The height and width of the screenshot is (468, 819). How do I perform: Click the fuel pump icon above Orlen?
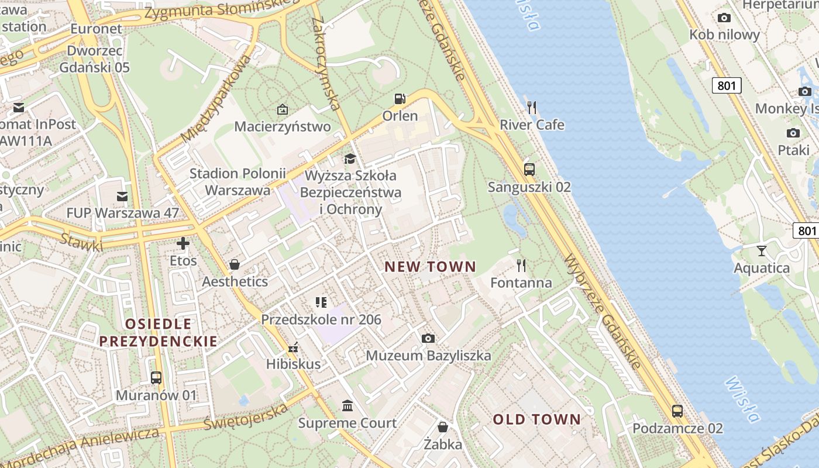point(400,99)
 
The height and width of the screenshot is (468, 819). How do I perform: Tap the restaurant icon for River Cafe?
point(532,107)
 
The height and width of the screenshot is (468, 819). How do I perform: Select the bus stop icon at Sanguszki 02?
point(529,170)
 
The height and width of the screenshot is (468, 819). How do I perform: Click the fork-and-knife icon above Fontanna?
point(521,266)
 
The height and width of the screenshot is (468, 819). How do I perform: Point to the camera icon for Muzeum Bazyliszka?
point(428,338)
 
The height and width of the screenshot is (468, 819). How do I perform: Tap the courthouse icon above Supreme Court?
point(347,405)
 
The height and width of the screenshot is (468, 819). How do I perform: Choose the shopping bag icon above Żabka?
point(443,426)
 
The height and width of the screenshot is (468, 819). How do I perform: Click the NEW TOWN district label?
point(430,267)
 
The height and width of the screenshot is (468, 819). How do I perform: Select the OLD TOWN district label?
point(536,419)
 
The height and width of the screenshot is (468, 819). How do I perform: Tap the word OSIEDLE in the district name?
point(158,324)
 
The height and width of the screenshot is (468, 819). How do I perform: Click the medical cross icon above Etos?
point(184,243)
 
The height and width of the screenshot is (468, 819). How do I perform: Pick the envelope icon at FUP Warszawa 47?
point(122,196)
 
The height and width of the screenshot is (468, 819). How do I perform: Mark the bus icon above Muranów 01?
point(156,377)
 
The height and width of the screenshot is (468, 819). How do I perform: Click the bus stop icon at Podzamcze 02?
point(677,411)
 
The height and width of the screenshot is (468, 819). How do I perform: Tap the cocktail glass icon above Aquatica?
point(761,251)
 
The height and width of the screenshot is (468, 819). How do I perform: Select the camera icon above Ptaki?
point(793,133)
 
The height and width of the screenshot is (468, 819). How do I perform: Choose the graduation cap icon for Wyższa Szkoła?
point(350,159)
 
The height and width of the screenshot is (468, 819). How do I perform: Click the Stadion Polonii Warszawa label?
point(238,181)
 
